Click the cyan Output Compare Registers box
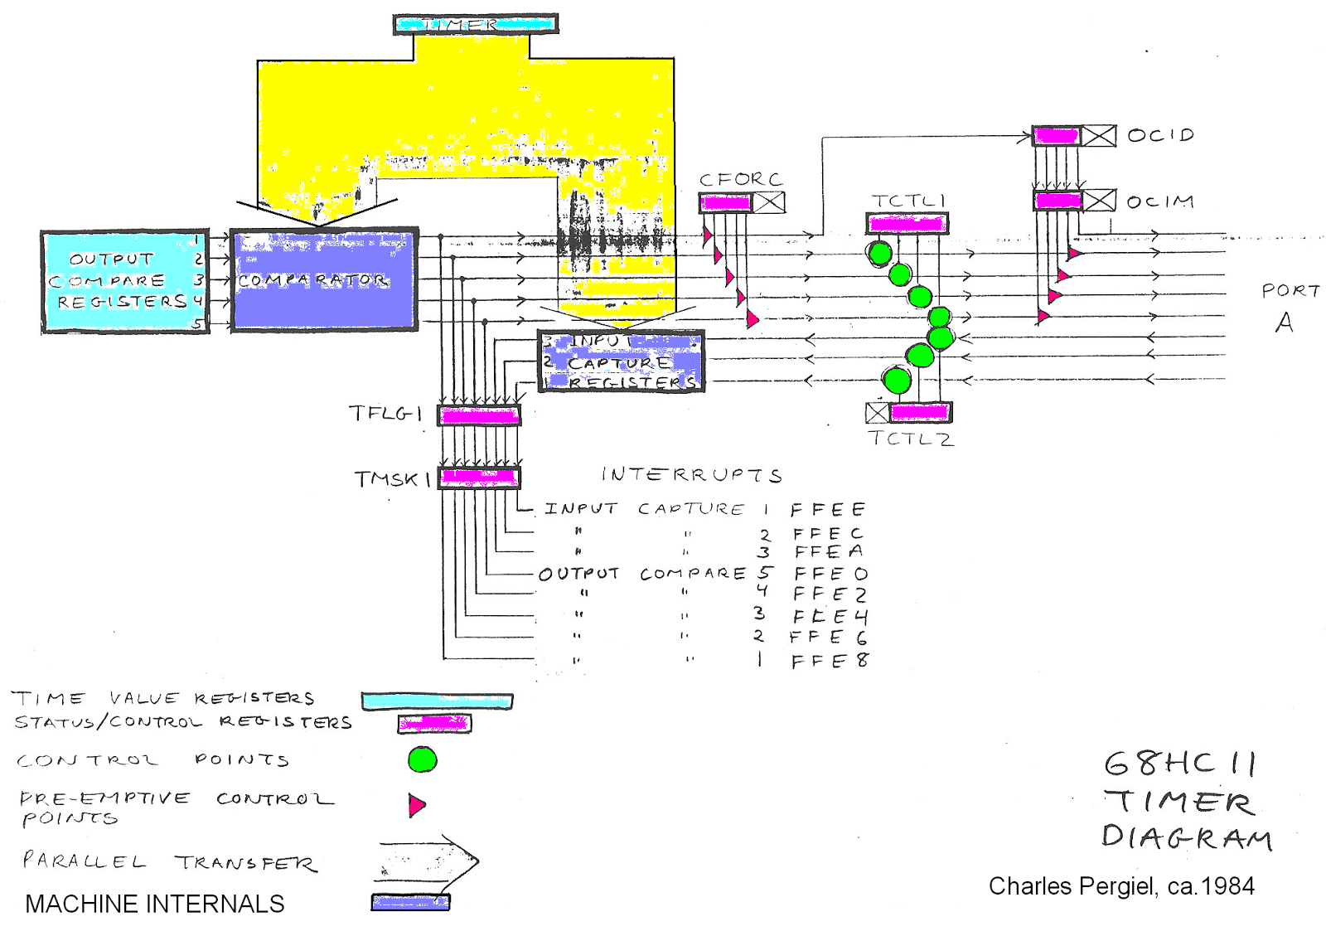coord(124,282)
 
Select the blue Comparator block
coord(323,280)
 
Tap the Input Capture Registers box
coord(621,361)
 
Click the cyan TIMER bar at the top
coord(476,24)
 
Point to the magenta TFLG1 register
coord(479,415)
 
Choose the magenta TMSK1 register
coord(479,478)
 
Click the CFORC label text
coord(740,179)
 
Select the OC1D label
coord(1160,134)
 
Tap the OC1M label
coord(1160,201)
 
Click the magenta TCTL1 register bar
coord(907,223)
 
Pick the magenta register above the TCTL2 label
coord(919,412)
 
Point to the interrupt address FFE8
coord(830,661)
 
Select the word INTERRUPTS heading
coord(691,474)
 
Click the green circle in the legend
coord(423,759)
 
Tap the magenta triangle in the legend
coord(416,804)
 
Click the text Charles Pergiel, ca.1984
coord(1121,886)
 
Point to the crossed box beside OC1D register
coord(1100,135)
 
